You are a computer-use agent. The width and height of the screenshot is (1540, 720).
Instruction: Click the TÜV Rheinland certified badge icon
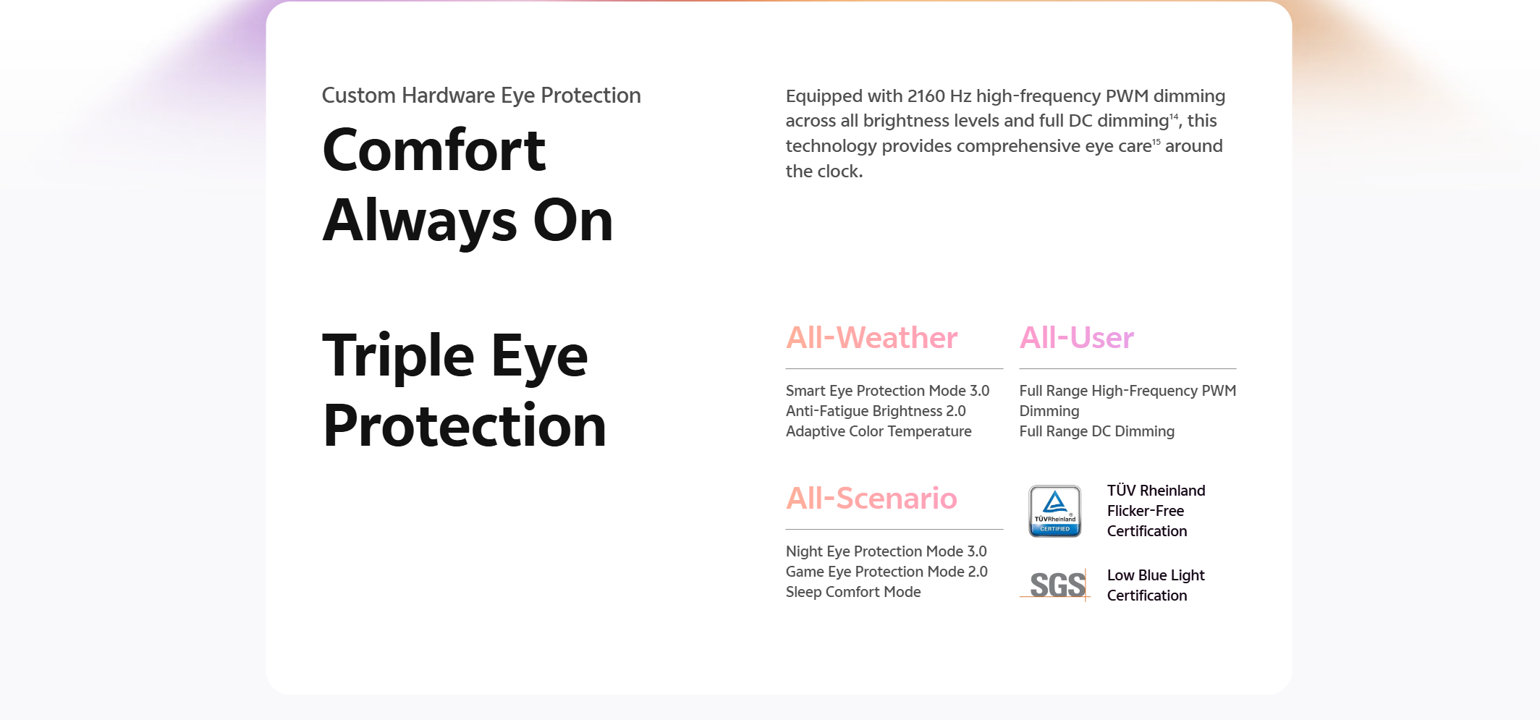click(1055, 511)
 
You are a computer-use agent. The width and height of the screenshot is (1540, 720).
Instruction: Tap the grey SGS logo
click(1057, 585)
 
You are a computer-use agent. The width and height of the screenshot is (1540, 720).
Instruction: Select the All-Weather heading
click(871, 338)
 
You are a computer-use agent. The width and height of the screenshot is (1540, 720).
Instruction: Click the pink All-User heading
click(1076, 338)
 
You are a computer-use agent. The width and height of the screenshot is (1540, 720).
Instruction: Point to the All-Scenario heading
click(871, 499)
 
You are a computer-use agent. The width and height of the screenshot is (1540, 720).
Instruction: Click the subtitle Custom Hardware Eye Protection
click(481, 96)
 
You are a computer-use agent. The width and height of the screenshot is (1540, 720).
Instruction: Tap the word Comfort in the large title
click(433, 150)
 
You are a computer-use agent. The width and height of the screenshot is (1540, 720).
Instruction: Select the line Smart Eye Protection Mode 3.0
click(887, 391)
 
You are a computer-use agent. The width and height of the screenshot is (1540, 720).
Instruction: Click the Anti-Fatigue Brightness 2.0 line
click(876, 411)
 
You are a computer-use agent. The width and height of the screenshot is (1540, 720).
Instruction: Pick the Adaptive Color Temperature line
click(879, 431)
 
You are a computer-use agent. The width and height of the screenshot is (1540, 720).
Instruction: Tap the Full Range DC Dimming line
click(1096, 431)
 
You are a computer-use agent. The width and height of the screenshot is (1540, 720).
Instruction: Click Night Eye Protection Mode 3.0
click(886, 551)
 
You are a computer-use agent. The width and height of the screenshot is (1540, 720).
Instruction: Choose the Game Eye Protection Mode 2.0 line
click(887, 572)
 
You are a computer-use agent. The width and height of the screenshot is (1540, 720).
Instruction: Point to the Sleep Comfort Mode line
click(853, 592)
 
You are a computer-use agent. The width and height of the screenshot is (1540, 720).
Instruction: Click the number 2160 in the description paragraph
click(926, 96)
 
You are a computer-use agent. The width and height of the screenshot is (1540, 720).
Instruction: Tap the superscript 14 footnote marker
click(1174, 116)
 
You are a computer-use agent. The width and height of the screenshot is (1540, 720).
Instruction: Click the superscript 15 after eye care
click(1156, 141)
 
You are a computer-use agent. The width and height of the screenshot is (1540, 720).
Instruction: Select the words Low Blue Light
click(1156, 575)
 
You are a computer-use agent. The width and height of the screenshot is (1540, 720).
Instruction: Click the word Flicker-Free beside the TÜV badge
click(1146, 511)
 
